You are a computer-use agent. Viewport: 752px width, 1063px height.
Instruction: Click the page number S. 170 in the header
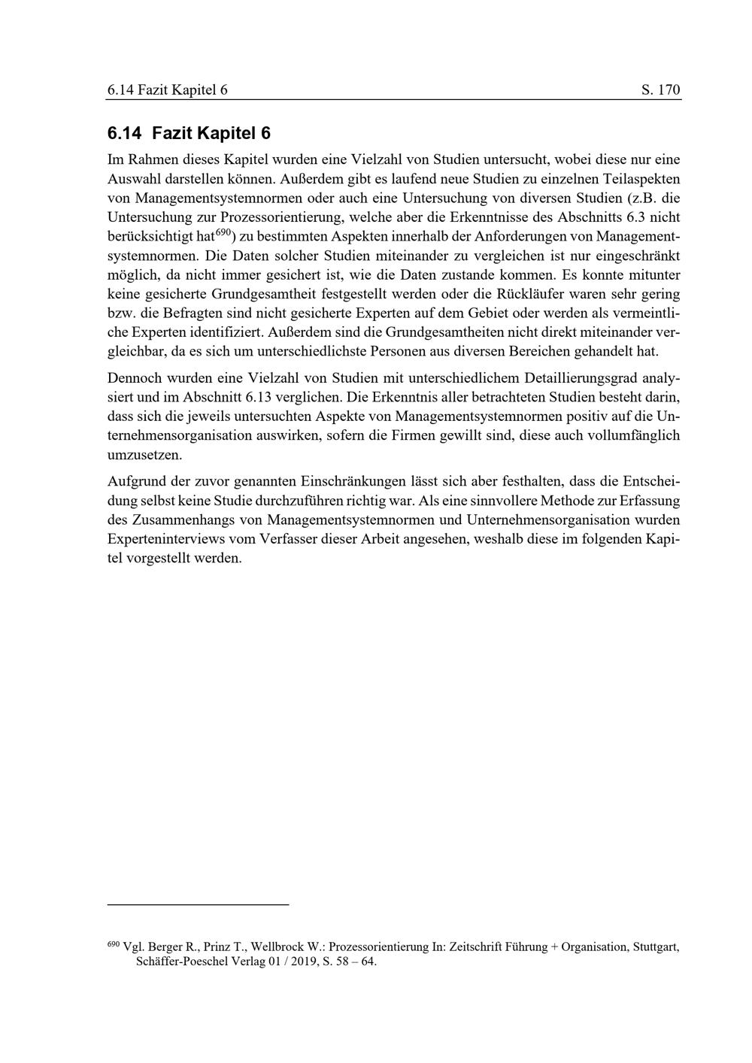click(x=661, y=90)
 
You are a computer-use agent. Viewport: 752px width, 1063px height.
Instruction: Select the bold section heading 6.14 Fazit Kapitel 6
click(x=189, y=134)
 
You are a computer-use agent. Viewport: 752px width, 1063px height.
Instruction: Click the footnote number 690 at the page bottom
click(x=114, y=943)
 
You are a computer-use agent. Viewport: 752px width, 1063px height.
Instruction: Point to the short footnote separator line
click(x=199, y=904)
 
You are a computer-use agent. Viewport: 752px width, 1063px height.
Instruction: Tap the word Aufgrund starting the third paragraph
click(x=135, y=480)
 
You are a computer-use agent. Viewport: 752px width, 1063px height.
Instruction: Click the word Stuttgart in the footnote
click(x=655, y=947)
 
